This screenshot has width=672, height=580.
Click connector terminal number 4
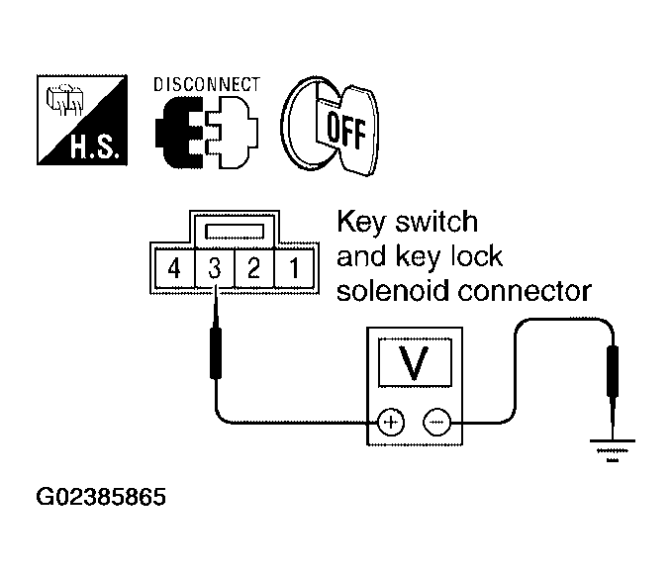[174, 269]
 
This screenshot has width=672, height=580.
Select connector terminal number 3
[215, 269]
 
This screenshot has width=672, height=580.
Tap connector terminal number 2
[253, 269]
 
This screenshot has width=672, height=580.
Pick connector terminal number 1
[294, 269]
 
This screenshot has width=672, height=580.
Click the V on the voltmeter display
[414, 362]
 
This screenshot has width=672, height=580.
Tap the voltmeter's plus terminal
[391, 423]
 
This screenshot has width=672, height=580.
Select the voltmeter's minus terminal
[437, 423]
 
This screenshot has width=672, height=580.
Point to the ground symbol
[613, 450]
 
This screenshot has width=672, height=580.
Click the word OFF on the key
[346, 129]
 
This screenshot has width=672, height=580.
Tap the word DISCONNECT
[207, 85]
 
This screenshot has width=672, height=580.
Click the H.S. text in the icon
[94, 146]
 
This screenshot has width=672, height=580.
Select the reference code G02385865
[101, 497]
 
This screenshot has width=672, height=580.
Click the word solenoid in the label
[393, 291]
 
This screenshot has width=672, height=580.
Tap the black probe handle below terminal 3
[216, 353]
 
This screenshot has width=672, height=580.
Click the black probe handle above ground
[613, 371]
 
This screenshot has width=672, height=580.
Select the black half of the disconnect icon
[179, 132]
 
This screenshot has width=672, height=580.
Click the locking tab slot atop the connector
[235, 232]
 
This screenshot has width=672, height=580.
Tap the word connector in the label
[525, 292]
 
